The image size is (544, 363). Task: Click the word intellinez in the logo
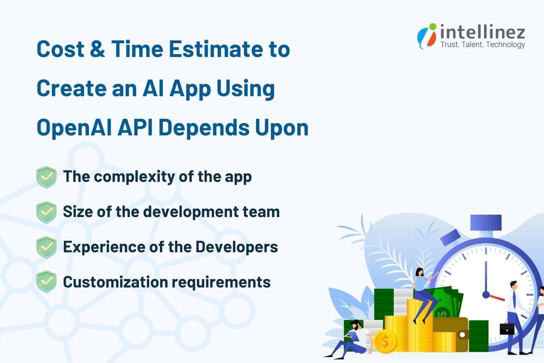point(482,32)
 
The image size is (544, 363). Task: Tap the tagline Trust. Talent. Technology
point(482,45)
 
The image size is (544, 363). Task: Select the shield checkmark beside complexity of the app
point(46,177)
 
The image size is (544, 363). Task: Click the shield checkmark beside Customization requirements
point(46,282)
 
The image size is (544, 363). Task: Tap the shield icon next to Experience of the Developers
point(46,247)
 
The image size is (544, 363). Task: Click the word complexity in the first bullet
point(135,177)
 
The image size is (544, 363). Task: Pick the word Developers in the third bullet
point(236,247)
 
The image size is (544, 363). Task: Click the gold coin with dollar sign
point(385,341)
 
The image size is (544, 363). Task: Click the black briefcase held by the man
point(507,328)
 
